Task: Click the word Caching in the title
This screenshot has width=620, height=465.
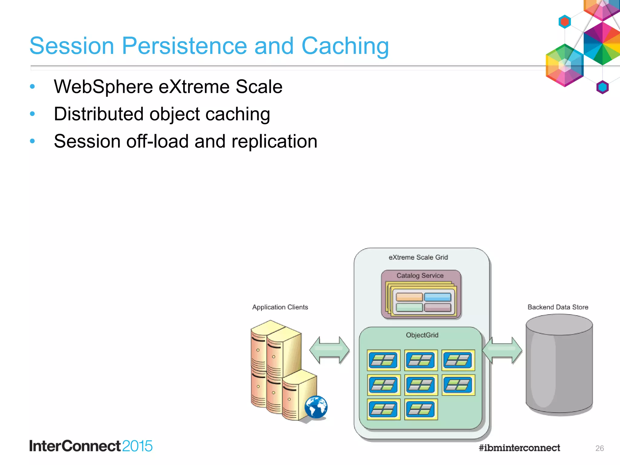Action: [x=345, y=46]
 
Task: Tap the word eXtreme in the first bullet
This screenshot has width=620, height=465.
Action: [x=194, y=87]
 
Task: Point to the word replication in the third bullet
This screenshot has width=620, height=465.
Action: [x=274, y=141]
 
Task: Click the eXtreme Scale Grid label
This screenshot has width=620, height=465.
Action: [x=418, y=257]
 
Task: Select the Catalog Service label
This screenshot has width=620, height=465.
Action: [x=420, y=275]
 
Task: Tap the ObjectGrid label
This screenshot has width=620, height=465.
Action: [x=422, y=335]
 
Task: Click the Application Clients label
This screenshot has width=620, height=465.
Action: [x=280, y=307]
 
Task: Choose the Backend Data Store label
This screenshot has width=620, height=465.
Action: [x=558, y=307]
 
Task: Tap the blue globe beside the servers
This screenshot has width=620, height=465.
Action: [x=316, y=407]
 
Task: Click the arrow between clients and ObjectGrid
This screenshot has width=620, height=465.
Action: [x=329, y=350]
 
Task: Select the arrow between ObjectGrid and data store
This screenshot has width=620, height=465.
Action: [x=502, y=350]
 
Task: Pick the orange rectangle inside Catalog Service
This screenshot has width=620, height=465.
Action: [x=409, y=297]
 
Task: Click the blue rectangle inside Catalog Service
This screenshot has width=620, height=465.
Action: [x=437, y=297]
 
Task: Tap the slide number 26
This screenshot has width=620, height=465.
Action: [x=599, y=448]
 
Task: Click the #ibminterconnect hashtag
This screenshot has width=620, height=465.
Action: [x=519, y=448]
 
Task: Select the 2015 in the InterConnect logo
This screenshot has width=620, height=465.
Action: [x=137, y=446]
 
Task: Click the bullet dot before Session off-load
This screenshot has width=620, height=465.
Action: [x=32, y=141]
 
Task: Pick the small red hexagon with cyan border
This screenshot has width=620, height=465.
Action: [x=565, y=22]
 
